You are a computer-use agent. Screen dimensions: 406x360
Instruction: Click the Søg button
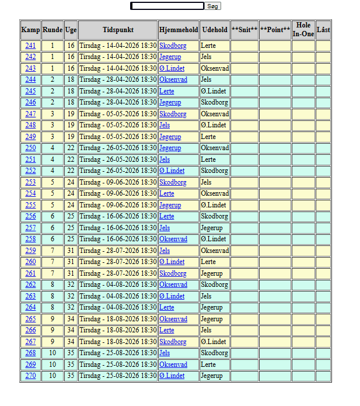pos(213,6)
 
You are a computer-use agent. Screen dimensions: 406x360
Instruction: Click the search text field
pos(167,6)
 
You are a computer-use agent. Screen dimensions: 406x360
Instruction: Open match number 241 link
pos(30,46)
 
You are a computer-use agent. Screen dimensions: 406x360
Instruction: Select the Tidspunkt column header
pos(118,30)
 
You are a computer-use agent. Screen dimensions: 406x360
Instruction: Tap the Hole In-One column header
pos(303,30)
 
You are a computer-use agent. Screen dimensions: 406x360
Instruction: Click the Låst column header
pos(323,30)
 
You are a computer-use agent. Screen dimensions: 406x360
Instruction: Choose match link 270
pos(30,376)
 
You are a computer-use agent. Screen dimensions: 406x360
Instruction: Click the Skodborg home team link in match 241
pos(173,46)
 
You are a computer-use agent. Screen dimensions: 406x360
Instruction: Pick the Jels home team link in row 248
pos(165,125)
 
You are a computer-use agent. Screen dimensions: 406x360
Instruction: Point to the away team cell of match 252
pos(214,171)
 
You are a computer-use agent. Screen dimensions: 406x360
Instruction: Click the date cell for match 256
pos(118,216)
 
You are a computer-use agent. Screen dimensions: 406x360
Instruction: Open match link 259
pos(30,251)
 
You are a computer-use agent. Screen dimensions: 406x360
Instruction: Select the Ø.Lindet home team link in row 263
pos(172,296)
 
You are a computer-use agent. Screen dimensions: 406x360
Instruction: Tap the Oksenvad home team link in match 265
pos(173,319)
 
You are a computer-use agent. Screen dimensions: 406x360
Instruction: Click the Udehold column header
pos(214,30)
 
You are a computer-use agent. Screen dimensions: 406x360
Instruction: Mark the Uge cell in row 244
pos(71,79)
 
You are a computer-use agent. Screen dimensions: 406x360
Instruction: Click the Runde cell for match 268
pos(52,353)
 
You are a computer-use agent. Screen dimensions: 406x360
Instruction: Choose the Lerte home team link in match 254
pos(166,193)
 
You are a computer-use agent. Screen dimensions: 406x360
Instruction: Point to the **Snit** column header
pos(244,30)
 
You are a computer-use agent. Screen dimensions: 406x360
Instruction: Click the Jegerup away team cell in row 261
pos(212,273)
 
